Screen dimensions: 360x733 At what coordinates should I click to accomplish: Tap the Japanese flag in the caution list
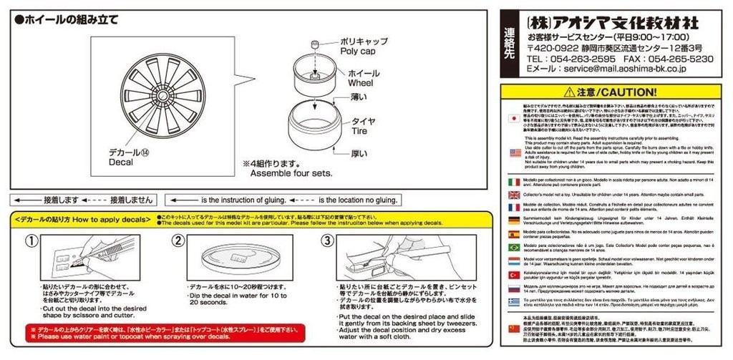click(x=513, y=119)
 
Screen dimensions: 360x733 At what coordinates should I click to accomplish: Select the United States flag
click(x=513, y=152)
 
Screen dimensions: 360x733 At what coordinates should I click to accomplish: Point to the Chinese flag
click(x=513, y=327)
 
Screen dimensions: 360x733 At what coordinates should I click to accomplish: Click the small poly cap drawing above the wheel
click(x=314, y=47)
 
